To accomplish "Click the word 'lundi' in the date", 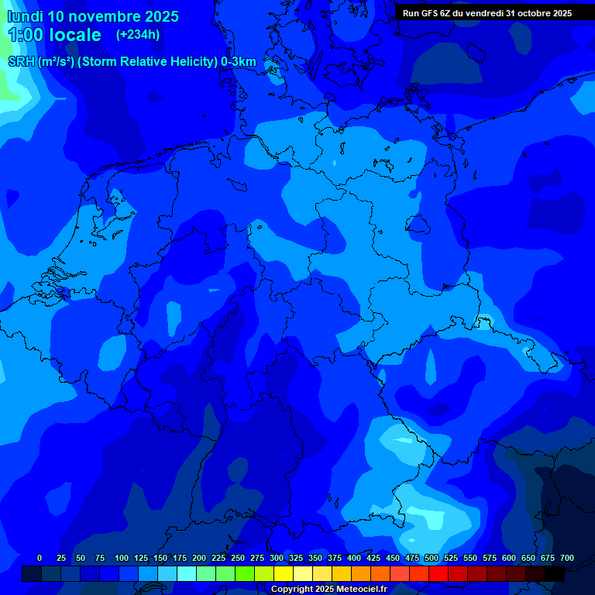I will [25, 16].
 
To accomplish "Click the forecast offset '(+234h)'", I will [138, 35].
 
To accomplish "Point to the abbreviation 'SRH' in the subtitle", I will [21, 62].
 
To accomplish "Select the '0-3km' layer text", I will [238, 62].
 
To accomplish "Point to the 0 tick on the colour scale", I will [40, 558].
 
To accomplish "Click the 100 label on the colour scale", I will [122, 558].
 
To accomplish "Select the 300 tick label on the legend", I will [277, 558].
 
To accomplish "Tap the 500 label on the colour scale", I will [432, 558].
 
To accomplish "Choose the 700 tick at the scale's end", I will [567, 558].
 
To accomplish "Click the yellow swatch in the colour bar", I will [284, 573].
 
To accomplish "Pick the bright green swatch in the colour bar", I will [245, 573].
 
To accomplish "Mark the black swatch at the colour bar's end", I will [555, 573].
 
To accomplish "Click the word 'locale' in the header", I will [75, 35].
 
